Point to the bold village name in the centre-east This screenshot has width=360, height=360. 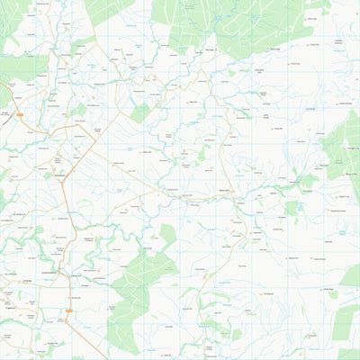tap(225, 191)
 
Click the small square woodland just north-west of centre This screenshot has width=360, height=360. tap(139, 113)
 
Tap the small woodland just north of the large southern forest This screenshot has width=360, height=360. tap(167, 236)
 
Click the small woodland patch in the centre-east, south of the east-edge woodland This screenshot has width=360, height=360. tap(292, 208)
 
